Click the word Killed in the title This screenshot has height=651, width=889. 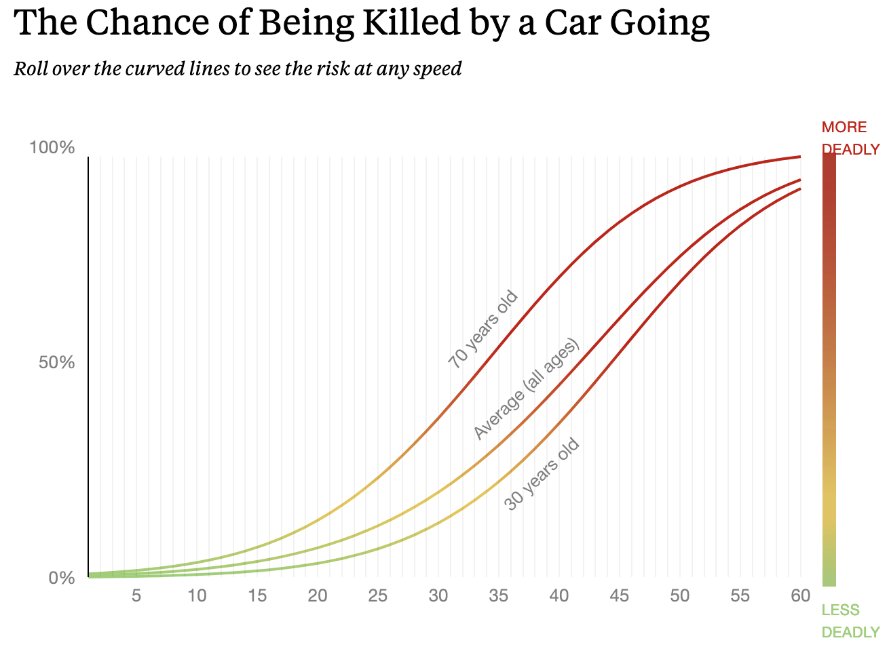click(400, 22)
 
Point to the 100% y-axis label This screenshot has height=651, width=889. click(52, 147)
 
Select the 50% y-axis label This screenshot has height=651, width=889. click(56, 362)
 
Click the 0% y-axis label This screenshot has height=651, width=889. click(61, 578)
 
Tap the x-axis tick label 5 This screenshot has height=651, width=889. click(136, 596)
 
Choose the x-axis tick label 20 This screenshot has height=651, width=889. click(318, 596)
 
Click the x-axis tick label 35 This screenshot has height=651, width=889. click(499, 596)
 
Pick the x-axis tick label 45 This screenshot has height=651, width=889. click(620, 596)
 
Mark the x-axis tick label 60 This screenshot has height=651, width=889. click(801, 596)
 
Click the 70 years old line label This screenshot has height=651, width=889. click(483, 330)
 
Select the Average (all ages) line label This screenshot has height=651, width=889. click(527, 389)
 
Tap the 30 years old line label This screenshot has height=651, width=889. click(542, 474)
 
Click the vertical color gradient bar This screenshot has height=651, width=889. click(829, 369)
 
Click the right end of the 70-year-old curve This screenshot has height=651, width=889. click(799, 157)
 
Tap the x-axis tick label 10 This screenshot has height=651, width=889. click(197, 596)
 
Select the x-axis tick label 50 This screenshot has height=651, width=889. click(680, 596)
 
